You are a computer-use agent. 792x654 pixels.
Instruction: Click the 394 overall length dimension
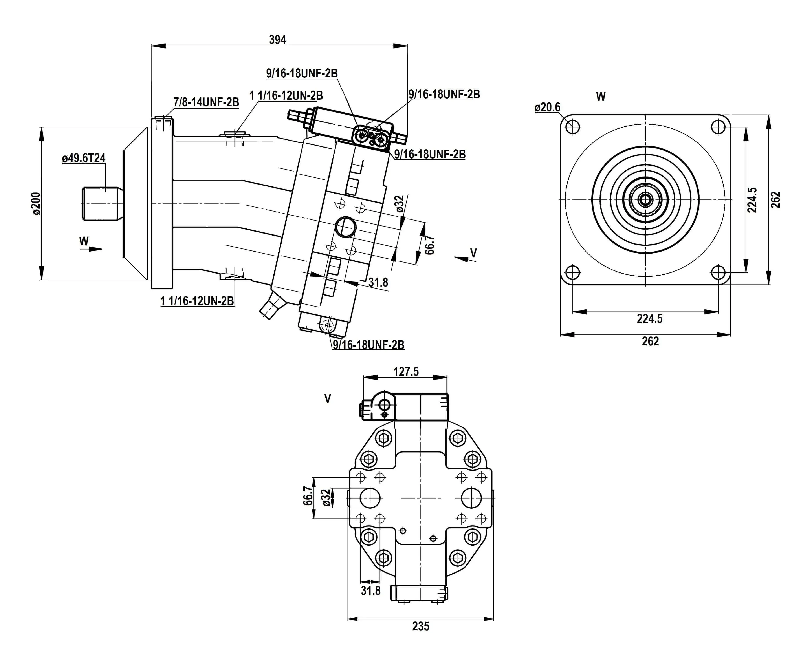[x=277, y=39]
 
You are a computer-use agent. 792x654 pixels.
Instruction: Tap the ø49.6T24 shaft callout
[x=84, y=158]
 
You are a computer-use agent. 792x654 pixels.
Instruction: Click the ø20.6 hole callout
[x=547, y=108]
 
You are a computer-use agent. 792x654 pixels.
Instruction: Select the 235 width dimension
[x=420, y=626]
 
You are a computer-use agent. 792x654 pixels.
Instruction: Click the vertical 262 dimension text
[x=775, y=200]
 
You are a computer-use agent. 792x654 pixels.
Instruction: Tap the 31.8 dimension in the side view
[x=378, y=282]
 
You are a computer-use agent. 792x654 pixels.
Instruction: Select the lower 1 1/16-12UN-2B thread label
[x=197, y=301]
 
